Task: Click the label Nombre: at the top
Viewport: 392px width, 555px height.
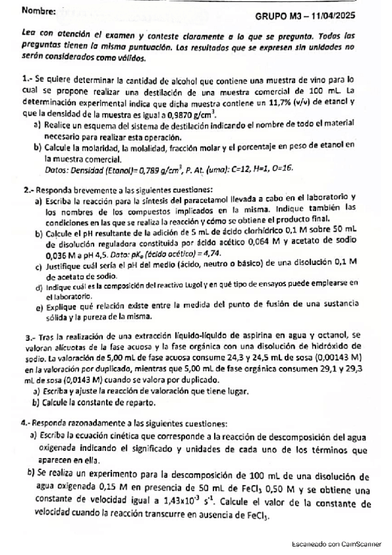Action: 39,10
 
